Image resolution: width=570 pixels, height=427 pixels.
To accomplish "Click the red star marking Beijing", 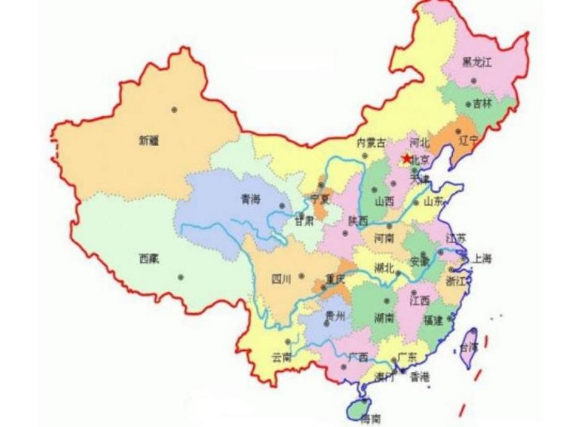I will [x=406, y=159].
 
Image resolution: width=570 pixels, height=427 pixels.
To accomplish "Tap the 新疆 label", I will [x=149, y=141].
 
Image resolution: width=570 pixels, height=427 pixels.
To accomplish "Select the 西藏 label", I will [x=149, y=259].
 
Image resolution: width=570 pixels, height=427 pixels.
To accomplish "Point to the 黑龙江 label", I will [x=476, y=62].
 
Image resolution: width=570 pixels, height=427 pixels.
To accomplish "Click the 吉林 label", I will [x=482, y=104].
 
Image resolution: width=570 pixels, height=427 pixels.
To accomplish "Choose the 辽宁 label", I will [x=468, y=140].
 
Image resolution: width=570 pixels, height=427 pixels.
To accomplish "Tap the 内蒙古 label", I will [x=370, y=142].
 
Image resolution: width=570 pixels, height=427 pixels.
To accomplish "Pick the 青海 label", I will [x=250, y=199].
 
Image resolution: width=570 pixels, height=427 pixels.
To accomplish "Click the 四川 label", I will [x=281, y=278].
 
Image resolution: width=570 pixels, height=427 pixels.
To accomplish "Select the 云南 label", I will [x=281, y=357].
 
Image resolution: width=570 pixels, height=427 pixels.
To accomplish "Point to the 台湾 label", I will [x=469, y=347].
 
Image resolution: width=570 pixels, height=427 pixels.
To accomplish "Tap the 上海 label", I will [x=481, y=259].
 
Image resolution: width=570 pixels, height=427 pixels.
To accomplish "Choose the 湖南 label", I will [x=384, y=318].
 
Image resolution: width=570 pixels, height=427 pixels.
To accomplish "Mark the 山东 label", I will [x=434, y=201].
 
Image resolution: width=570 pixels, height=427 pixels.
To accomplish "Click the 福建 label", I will [x=434, y=321].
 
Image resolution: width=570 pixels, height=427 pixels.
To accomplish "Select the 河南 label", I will [x=384, y=238].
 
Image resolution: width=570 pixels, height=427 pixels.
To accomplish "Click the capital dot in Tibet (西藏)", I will [x=180, y=277].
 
